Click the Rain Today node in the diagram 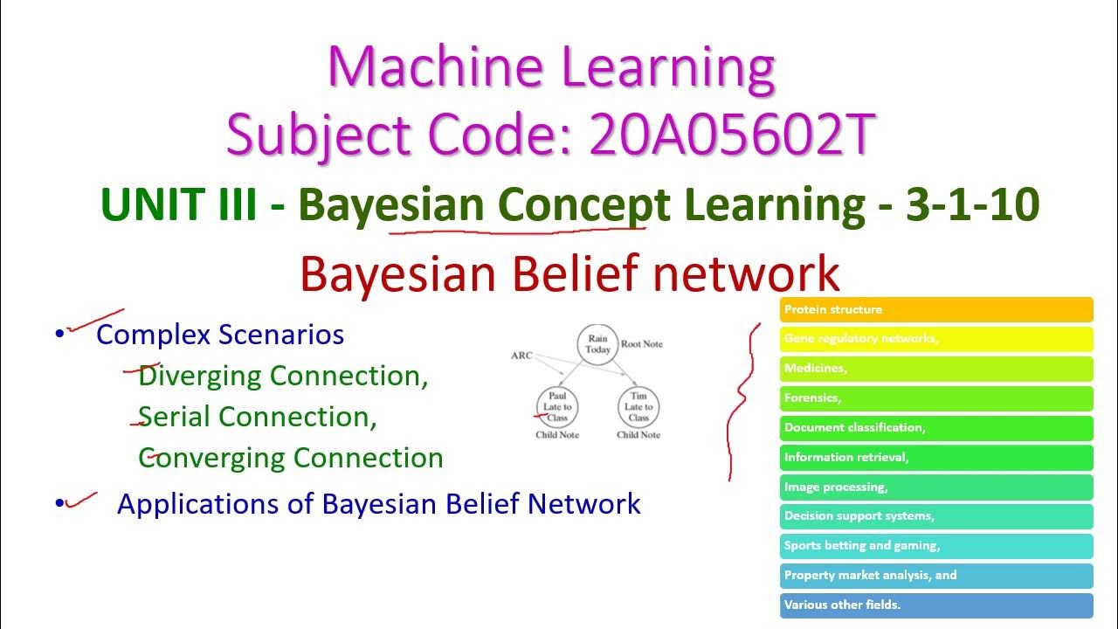click(x=597, y=344)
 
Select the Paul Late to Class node click(x=557, y=407)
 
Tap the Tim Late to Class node click(x=638, y=407)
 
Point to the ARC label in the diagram click(x=521, y=356)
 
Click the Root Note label click(x=641, y=344)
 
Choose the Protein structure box click(x=935, y=309)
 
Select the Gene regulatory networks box click(x=935, y=339)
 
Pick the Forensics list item click(x=935, y=398)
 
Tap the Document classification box click(x=935, y=428)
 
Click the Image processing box click(x=935, y=487)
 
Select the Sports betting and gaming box click(x=935, y=546)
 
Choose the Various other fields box click(x=935, y=605)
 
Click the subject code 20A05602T click(x=731, y=135)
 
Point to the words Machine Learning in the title click(x=551, y=67)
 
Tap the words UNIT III click(x=179, y=205)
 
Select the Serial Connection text click(x=258, y=417)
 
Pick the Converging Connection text click(x=290, y=458)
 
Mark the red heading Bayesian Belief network click(x=569, y=274)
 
